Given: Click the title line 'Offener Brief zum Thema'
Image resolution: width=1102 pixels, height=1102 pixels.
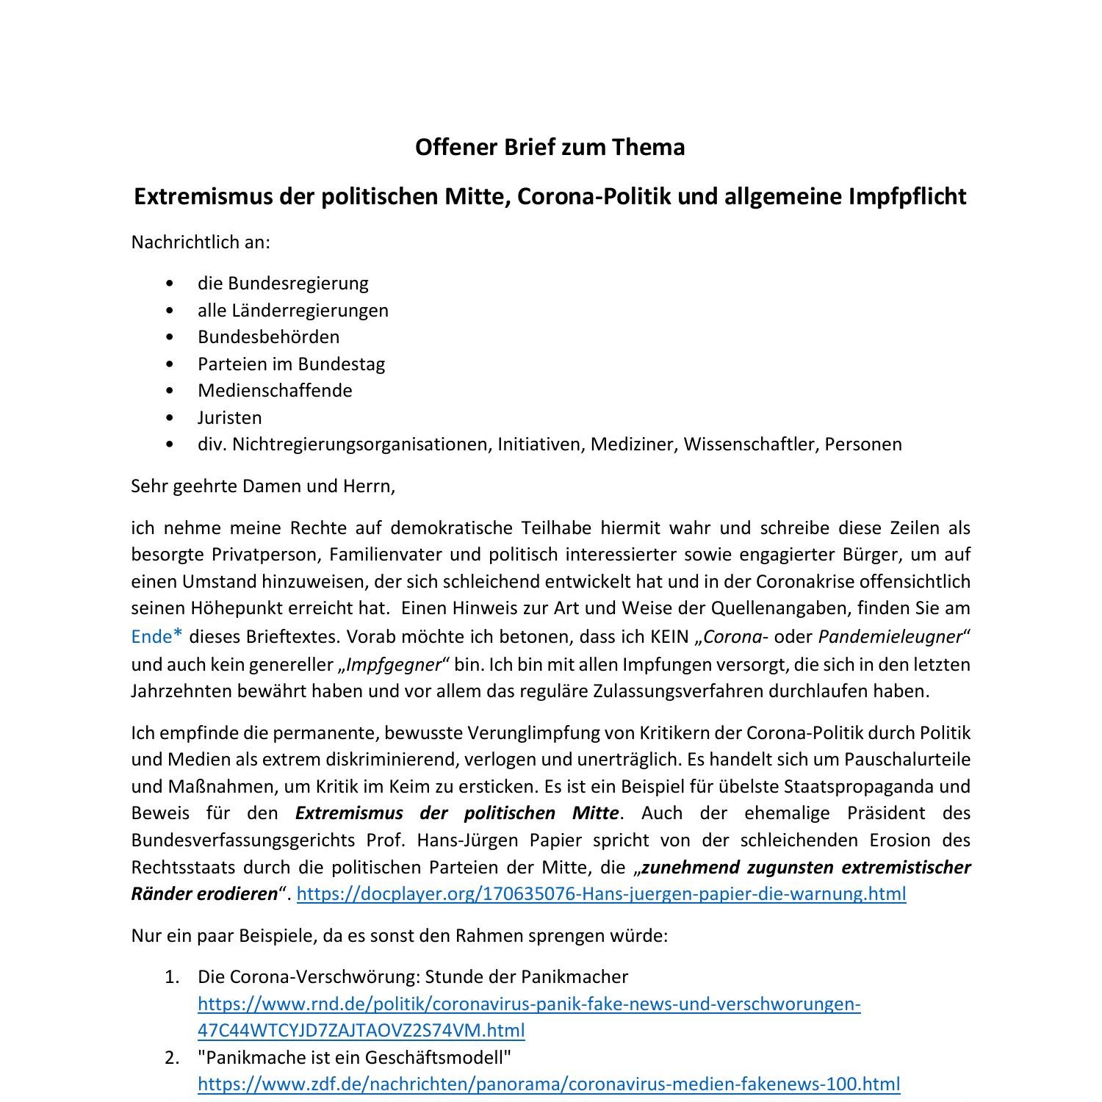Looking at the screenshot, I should tap(550, 147).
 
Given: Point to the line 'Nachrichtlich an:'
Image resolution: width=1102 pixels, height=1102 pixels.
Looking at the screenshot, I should tap(201, 242).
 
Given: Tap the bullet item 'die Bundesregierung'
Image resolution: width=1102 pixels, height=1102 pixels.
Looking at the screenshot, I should tap(283, 283).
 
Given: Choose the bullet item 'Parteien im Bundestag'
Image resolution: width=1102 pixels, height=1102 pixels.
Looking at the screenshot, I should tap(291, 364).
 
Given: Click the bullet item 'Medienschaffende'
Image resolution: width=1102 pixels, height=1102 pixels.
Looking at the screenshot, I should tap(275, 390).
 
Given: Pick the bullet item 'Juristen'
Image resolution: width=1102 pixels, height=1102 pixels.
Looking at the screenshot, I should tap(229, 417).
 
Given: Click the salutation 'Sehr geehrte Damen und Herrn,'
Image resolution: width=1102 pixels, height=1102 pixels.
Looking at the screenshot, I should tap(263, 486).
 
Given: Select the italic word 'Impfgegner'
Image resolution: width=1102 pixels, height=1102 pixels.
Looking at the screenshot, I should tap(394, 664).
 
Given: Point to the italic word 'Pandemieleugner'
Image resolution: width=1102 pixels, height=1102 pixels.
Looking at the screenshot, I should tap(890, 636).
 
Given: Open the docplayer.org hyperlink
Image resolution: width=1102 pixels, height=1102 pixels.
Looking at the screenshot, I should tap(601, 893).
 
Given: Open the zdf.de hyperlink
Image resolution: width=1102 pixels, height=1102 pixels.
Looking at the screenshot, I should tap(548, 1084).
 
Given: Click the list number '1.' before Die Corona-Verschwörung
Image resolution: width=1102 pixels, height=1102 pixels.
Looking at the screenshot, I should tap(172, 976).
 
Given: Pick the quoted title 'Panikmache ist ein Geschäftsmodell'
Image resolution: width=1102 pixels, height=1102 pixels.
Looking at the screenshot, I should tap(354, 1057).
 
